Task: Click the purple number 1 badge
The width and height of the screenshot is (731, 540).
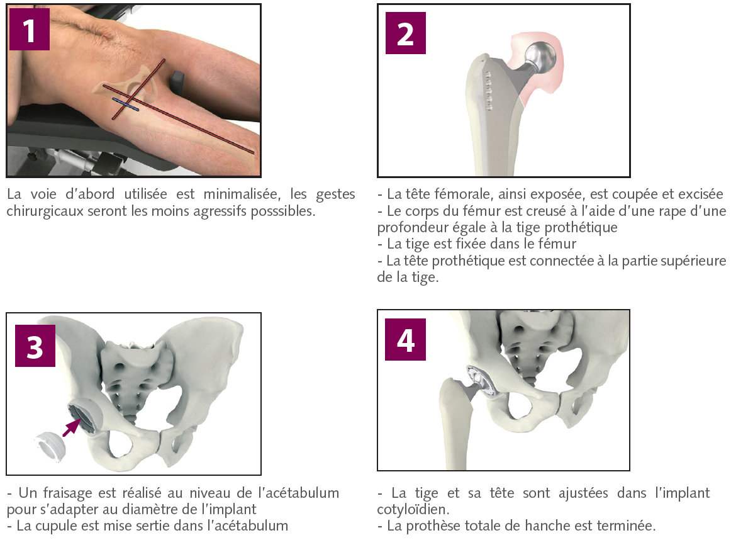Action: click(30, 30)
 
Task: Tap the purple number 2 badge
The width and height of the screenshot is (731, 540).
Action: click(406, 33)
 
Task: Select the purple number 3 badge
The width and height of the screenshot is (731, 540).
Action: click(35, 346)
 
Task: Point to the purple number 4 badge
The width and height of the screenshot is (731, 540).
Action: click(406, 339)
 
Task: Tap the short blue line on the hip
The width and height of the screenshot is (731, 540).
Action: click(125, 104)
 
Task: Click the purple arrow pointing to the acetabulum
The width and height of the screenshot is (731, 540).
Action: click(71, 427)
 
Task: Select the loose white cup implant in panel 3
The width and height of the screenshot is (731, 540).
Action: click(50, 446)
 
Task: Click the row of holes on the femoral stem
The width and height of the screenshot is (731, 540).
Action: click(489, 91)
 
